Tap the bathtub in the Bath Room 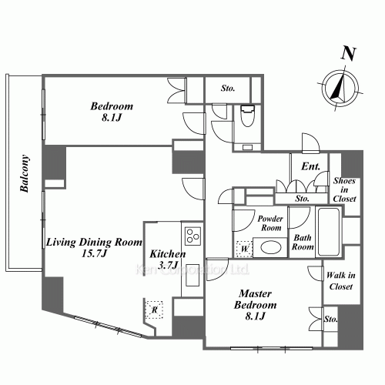coord(329,232)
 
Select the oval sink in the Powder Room coord(271,247)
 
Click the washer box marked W coord(245,249)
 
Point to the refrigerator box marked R coord(154,310)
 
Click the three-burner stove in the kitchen coord(193,236)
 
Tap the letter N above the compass coord(349,54)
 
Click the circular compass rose coord(340,89)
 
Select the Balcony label coord(25,173)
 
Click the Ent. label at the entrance coord(311,166)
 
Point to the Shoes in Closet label coord(344,189)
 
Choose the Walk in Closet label coord(341,281)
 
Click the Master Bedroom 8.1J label coord(256,305)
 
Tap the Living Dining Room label coord(94,242)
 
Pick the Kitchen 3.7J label coord(168,259)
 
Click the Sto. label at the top coord(228,89)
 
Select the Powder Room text coord(270,223)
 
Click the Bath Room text coord(303,242)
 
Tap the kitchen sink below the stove coord(192,275)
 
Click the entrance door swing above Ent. coord(311,143)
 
